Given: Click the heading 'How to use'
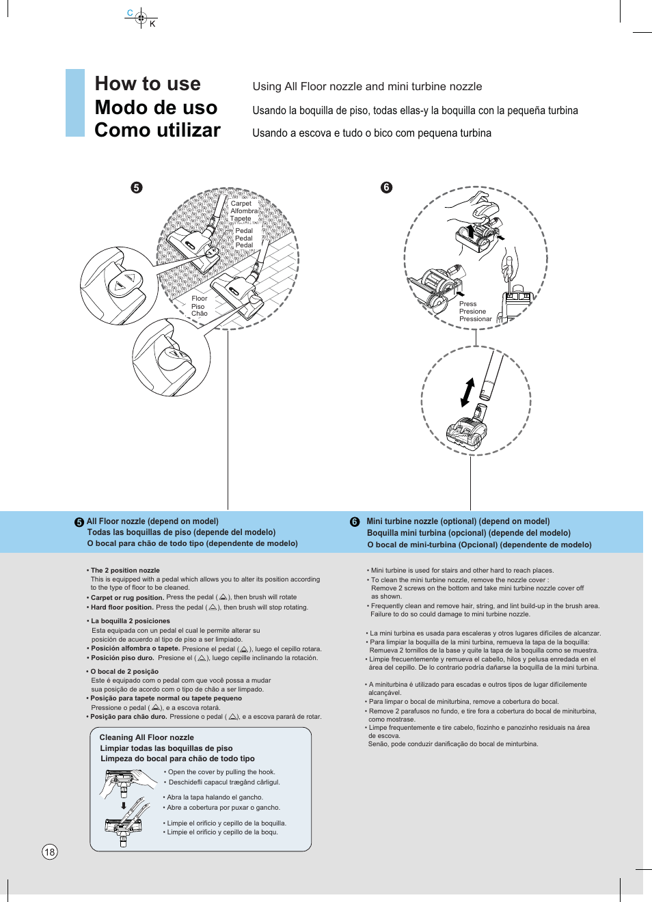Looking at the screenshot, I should pos(148,84).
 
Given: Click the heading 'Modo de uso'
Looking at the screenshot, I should pos(156,108).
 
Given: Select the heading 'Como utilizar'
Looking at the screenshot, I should pos(157,131).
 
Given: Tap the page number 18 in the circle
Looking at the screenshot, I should pos(49,851).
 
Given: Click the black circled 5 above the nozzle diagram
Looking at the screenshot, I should pos(137,187).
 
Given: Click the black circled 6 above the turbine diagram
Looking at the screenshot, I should pos(386,187).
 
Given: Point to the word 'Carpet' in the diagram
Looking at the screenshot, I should pos(241,204).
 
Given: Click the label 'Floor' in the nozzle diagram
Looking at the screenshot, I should pos(200,299).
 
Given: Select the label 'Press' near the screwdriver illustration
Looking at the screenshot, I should pos(467,304).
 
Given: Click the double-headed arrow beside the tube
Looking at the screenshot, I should pos(468,392).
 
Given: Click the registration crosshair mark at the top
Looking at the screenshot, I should pos(141,18).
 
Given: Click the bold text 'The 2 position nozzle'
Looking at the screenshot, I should pos(125,570).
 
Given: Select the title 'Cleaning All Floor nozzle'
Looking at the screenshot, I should pos(146,737).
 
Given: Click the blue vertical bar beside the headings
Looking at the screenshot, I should pos(75,102).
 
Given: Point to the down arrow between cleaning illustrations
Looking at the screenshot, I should pos(124,806).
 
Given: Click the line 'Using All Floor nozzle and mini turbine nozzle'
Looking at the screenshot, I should pos(367,87).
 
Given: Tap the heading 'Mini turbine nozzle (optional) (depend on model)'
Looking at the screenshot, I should pos(458,521).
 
